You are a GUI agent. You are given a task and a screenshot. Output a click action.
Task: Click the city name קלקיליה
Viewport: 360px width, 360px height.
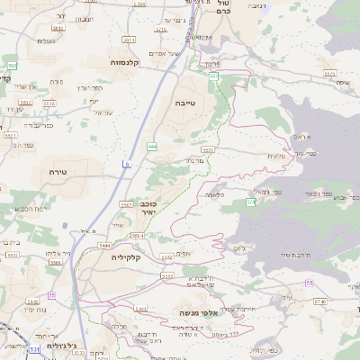coord(127,256)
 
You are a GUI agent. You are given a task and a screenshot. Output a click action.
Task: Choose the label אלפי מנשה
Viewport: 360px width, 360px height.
coord(194,312)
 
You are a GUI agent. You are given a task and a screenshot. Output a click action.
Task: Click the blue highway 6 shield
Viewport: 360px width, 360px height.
coord(127,164)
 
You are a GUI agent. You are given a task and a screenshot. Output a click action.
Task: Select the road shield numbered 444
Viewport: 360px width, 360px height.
coord(152,145)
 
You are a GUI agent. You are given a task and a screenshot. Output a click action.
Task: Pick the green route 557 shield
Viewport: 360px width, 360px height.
coord(213,77)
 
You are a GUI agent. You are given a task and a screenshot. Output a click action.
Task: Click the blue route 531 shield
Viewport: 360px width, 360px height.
coord(34,348)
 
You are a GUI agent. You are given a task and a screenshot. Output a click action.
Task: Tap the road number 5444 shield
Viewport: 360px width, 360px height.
coord(104,245)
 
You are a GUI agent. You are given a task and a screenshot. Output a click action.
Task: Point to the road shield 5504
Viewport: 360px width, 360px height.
coord(138,236)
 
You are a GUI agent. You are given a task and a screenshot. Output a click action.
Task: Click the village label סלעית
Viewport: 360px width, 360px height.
coord(277,155)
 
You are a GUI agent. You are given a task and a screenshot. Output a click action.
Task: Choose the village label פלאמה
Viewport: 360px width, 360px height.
coord(214,193)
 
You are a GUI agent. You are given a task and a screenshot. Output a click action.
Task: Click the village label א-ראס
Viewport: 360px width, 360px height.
coord(301,135)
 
